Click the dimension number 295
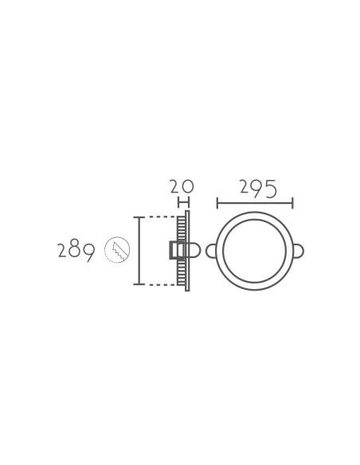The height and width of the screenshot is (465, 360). (258, 189)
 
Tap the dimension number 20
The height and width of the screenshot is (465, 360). (182, 186)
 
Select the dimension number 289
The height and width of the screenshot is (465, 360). (76, 252)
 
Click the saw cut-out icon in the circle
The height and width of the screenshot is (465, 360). (117, 250)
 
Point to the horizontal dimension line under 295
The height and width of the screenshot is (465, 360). (255, 203)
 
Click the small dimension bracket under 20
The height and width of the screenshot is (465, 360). (183, 203)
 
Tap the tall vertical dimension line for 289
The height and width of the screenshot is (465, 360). (139, 251)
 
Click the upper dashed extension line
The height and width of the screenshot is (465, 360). (162, 217)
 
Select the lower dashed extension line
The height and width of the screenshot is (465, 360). (162, 284)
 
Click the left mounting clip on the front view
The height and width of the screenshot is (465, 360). (210, 251)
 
